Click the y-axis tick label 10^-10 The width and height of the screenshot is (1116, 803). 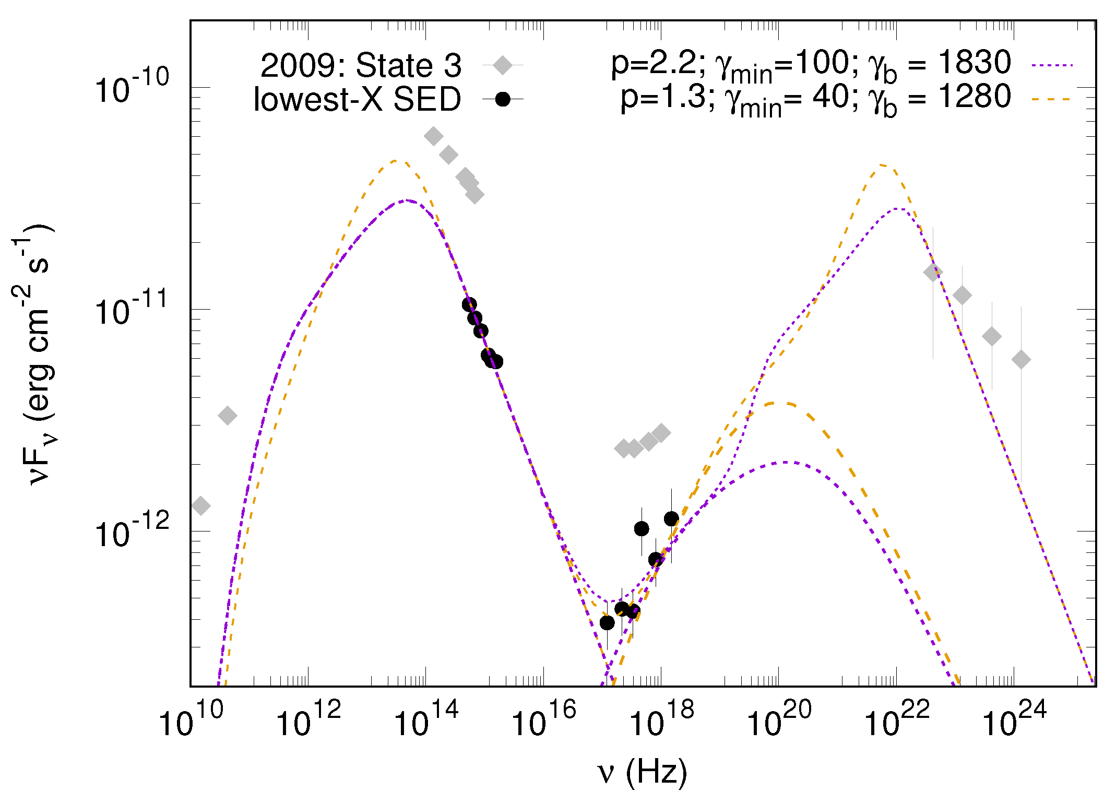pyautogui.click(x=132, y=88)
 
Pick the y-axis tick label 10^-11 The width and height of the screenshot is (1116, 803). pyautogui.click(x=132, y=310)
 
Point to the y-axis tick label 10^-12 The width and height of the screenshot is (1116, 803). pyautogui.click(x=132, y=532)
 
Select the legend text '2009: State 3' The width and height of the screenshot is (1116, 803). pyautogui.click(x=361, y=66)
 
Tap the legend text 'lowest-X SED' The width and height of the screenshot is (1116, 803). pyautogui.click(x=357, y=99)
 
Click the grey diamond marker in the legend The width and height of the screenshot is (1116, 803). pyautogui.click(x=503, y=65)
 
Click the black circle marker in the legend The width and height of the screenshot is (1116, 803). pyautogui.click(x=503, y=99)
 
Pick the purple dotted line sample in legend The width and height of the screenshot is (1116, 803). pyautogui.click(x=1052, y=66)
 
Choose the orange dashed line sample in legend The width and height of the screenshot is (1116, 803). pyautogui.click(x=1052, y=99)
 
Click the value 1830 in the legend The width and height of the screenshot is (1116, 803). pyautogui.click(x=975, y=63)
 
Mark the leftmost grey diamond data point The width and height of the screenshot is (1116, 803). pyautogui.click(x=201, y=505)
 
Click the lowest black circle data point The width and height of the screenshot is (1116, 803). pyautogui.click(x=607, y=622)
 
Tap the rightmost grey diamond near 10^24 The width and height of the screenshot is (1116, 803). pyautogui.click(x=1021, y=359)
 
